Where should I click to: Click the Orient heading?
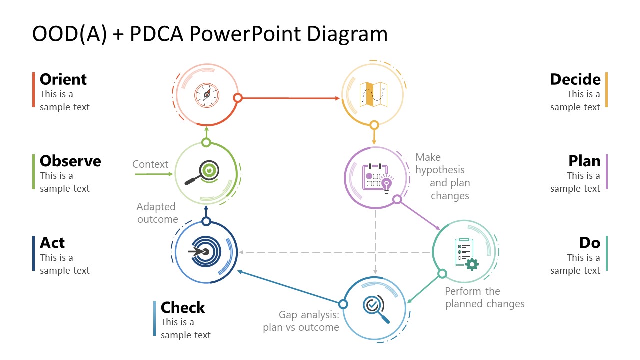coord(63,79)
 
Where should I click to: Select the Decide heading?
coord(575,79)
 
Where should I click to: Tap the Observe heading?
coord(70,161)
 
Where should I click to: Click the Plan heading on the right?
coord(584,161)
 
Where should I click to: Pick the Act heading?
coord(52,243)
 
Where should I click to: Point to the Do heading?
coord(589,243)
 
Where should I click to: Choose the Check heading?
coord(183,307)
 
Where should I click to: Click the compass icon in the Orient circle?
coord(207,94)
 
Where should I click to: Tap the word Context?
coord(150,164)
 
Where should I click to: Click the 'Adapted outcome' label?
coord(157,213)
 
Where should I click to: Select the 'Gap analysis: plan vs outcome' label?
coord(301,321)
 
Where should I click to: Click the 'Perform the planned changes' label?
coord(484,297)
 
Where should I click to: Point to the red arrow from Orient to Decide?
coord(290,98)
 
